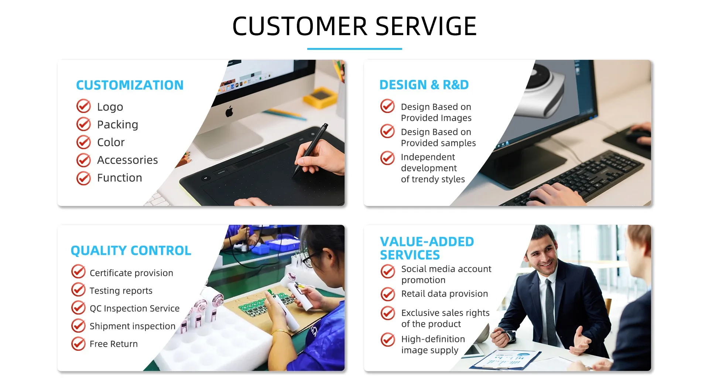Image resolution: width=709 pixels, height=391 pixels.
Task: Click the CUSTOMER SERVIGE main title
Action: click(354, 26)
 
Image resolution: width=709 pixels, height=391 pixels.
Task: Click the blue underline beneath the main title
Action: click(354, 48)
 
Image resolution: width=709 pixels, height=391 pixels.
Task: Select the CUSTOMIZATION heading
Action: click(130, 85)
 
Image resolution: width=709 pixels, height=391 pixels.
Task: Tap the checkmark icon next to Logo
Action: click(84, 106)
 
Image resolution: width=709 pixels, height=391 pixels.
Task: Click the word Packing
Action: click(117, 125)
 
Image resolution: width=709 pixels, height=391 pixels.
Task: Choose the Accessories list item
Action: click(127, 160)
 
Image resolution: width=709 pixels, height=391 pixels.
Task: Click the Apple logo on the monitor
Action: click(229, 111)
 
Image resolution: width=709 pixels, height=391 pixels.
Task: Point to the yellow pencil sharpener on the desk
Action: click(320, 97)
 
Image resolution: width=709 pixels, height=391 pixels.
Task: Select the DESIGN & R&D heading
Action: click(424, 85)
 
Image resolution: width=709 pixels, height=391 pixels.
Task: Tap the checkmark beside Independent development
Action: click(387, 158)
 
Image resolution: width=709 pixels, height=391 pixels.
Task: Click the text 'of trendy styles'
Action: click(433, 179)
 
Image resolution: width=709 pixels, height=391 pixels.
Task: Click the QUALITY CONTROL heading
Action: click(131, 251)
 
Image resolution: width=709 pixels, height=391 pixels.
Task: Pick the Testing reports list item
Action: click(121, 291)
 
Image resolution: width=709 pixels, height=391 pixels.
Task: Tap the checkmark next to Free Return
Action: click(78, 343)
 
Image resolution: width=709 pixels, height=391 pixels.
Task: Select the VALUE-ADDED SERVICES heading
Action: click(427, 248)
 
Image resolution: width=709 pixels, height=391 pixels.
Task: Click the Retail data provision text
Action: click(445, 294)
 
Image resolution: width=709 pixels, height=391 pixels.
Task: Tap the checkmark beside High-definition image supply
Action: click(388, 340)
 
